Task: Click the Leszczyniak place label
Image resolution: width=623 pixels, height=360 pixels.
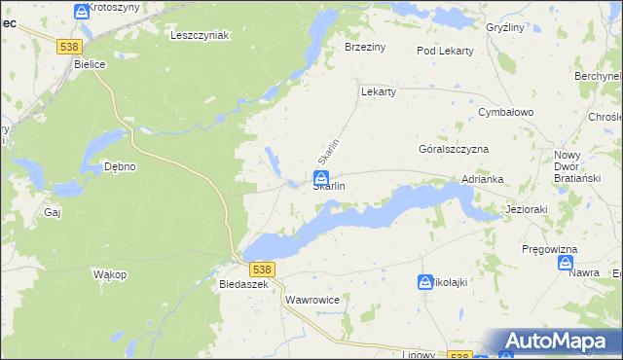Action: (x=199, y=35)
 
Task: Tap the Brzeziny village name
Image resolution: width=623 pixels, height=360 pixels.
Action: (x=366, y=46)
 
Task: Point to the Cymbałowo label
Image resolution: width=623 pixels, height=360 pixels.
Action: (x=506, y=113)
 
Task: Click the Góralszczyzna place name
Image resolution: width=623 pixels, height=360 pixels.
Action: (x=453, y=150)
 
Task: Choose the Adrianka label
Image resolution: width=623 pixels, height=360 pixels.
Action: (x=482, y=180)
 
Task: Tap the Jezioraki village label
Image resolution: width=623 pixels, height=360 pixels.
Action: (x=530, y=209)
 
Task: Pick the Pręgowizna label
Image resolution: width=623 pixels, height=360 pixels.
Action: (x=550, y=250)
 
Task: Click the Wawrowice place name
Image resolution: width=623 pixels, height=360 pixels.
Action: (x=312, y=301)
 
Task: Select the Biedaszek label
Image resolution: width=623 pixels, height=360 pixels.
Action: (x=244, y=285)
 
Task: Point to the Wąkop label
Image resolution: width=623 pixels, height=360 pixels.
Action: (x=110, y=275)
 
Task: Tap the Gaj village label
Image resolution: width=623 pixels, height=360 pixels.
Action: (x=53, y=211)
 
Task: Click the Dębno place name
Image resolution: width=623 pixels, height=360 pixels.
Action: (x=120, y=166)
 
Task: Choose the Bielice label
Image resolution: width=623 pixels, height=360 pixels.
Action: (x=91, y=64)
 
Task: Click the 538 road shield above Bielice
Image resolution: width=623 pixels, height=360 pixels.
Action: (x=69, y=46)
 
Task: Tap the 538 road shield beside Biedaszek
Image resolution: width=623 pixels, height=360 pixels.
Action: (x=261, y=269)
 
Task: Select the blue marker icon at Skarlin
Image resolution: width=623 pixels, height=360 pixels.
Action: (x=320, y=177)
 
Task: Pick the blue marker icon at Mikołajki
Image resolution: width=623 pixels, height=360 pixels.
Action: (x=425, y=282)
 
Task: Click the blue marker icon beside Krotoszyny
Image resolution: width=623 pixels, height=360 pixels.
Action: (x=80, y=11)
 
